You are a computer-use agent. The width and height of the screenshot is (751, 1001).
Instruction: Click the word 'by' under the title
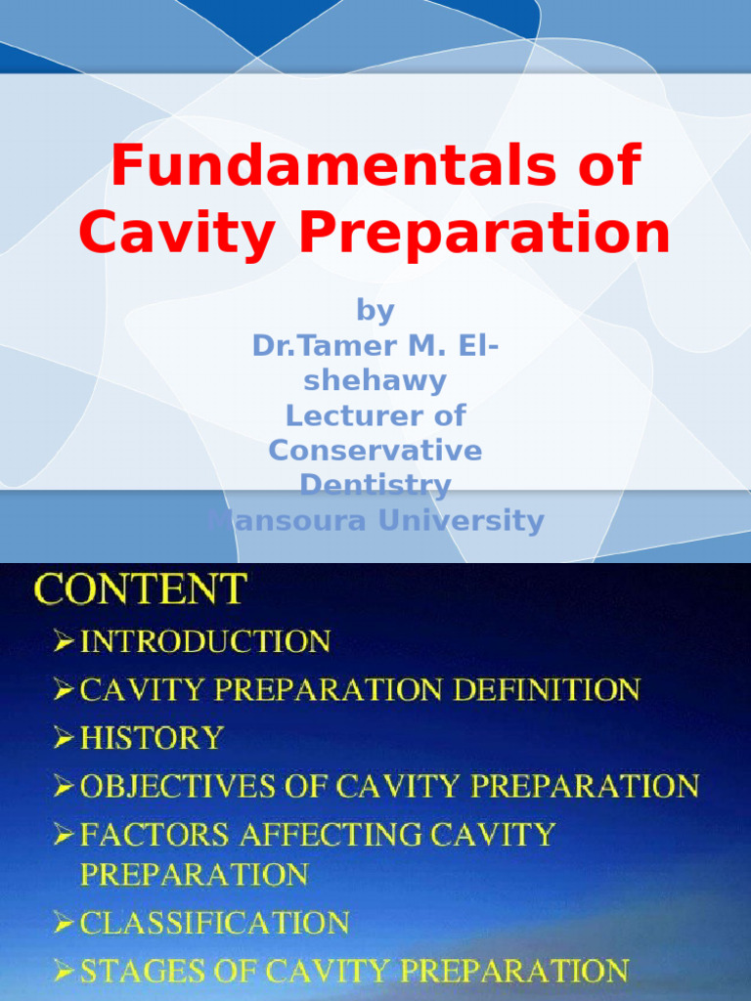coord(375,311)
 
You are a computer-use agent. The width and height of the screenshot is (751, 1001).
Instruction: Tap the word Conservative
coord(375,451)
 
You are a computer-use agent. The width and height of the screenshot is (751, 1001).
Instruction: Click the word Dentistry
coord(375,485)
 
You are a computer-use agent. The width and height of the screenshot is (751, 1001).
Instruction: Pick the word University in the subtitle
coord(461,520)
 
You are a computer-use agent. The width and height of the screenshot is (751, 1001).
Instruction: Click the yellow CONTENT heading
coord(141,589)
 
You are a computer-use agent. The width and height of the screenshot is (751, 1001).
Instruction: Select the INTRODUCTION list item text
coord(205,642)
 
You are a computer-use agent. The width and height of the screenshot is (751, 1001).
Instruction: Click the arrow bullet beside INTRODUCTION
coord(65,641)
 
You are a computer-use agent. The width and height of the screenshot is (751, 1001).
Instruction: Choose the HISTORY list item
coord(152,738)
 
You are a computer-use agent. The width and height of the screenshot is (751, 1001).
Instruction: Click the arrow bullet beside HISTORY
coord(65,737)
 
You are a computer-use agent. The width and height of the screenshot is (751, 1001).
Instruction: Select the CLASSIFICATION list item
coord(214,922)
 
